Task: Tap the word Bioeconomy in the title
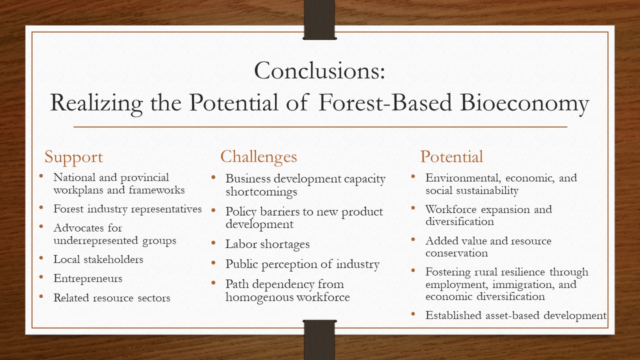pos(524,103)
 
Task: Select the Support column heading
pos(73,157)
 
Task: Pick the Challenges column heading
pos(258,157)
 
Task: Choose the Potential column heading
pos(451,156)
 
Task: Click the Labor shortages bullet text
pos(267,244)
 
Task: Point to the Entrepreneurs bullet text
pos(87,278)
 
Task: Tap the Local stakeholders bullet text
pos(98,259)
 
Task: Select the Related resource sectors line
pos(111,297)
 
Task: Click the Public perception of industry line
pos(302,264)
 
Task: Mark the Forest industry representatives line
pos(127,209)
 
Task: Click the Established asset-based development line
pos(515,315)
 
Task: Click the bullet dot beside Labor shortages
pos(213,243)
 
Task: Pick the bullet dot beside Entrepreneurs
pos(41,277)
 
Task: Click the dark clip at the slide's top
pos(319,19)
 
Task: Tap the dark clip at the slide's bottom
pos(319,340)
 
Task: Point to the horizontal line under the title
pos(320,127)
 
